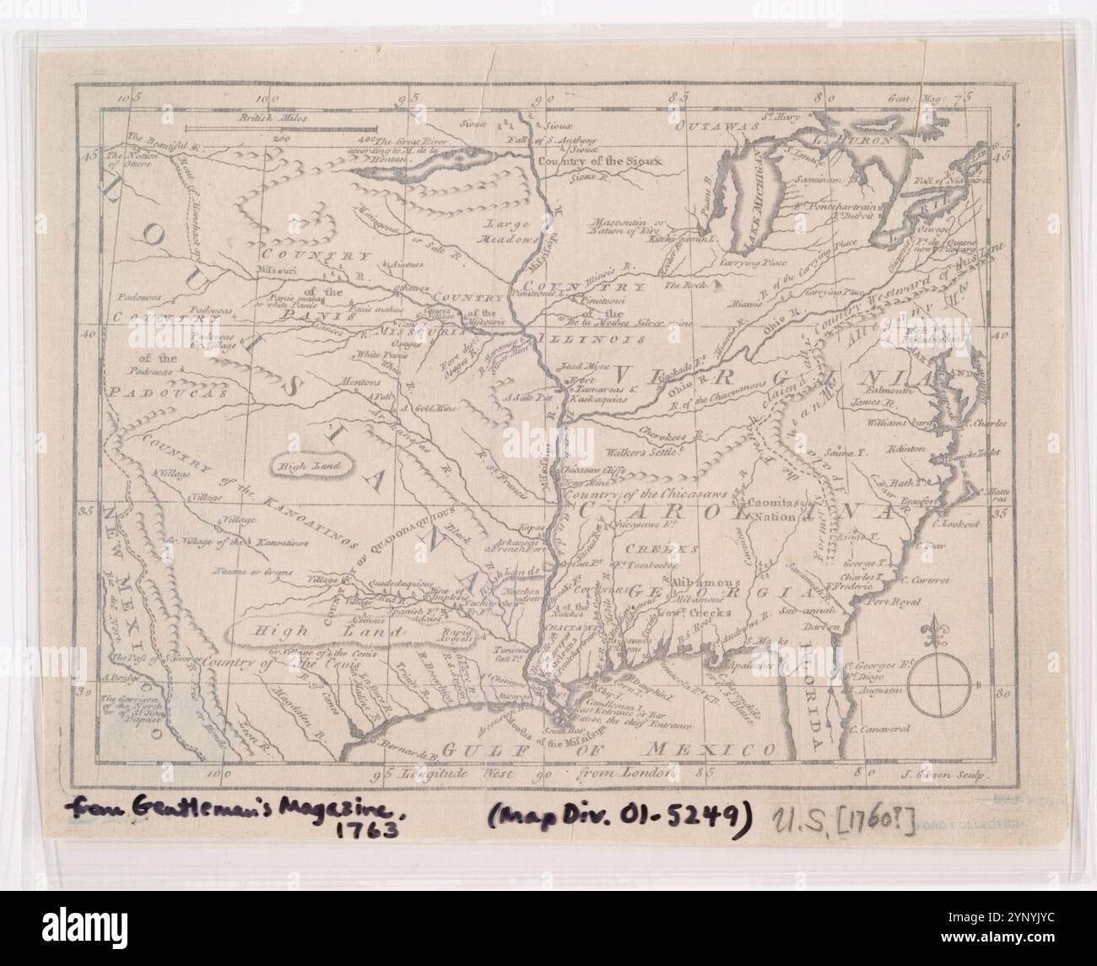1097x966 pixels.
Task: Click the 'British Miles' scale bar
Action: coord(267,127)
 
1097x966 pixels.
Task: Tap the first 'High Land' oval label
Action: coord(312,465)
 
